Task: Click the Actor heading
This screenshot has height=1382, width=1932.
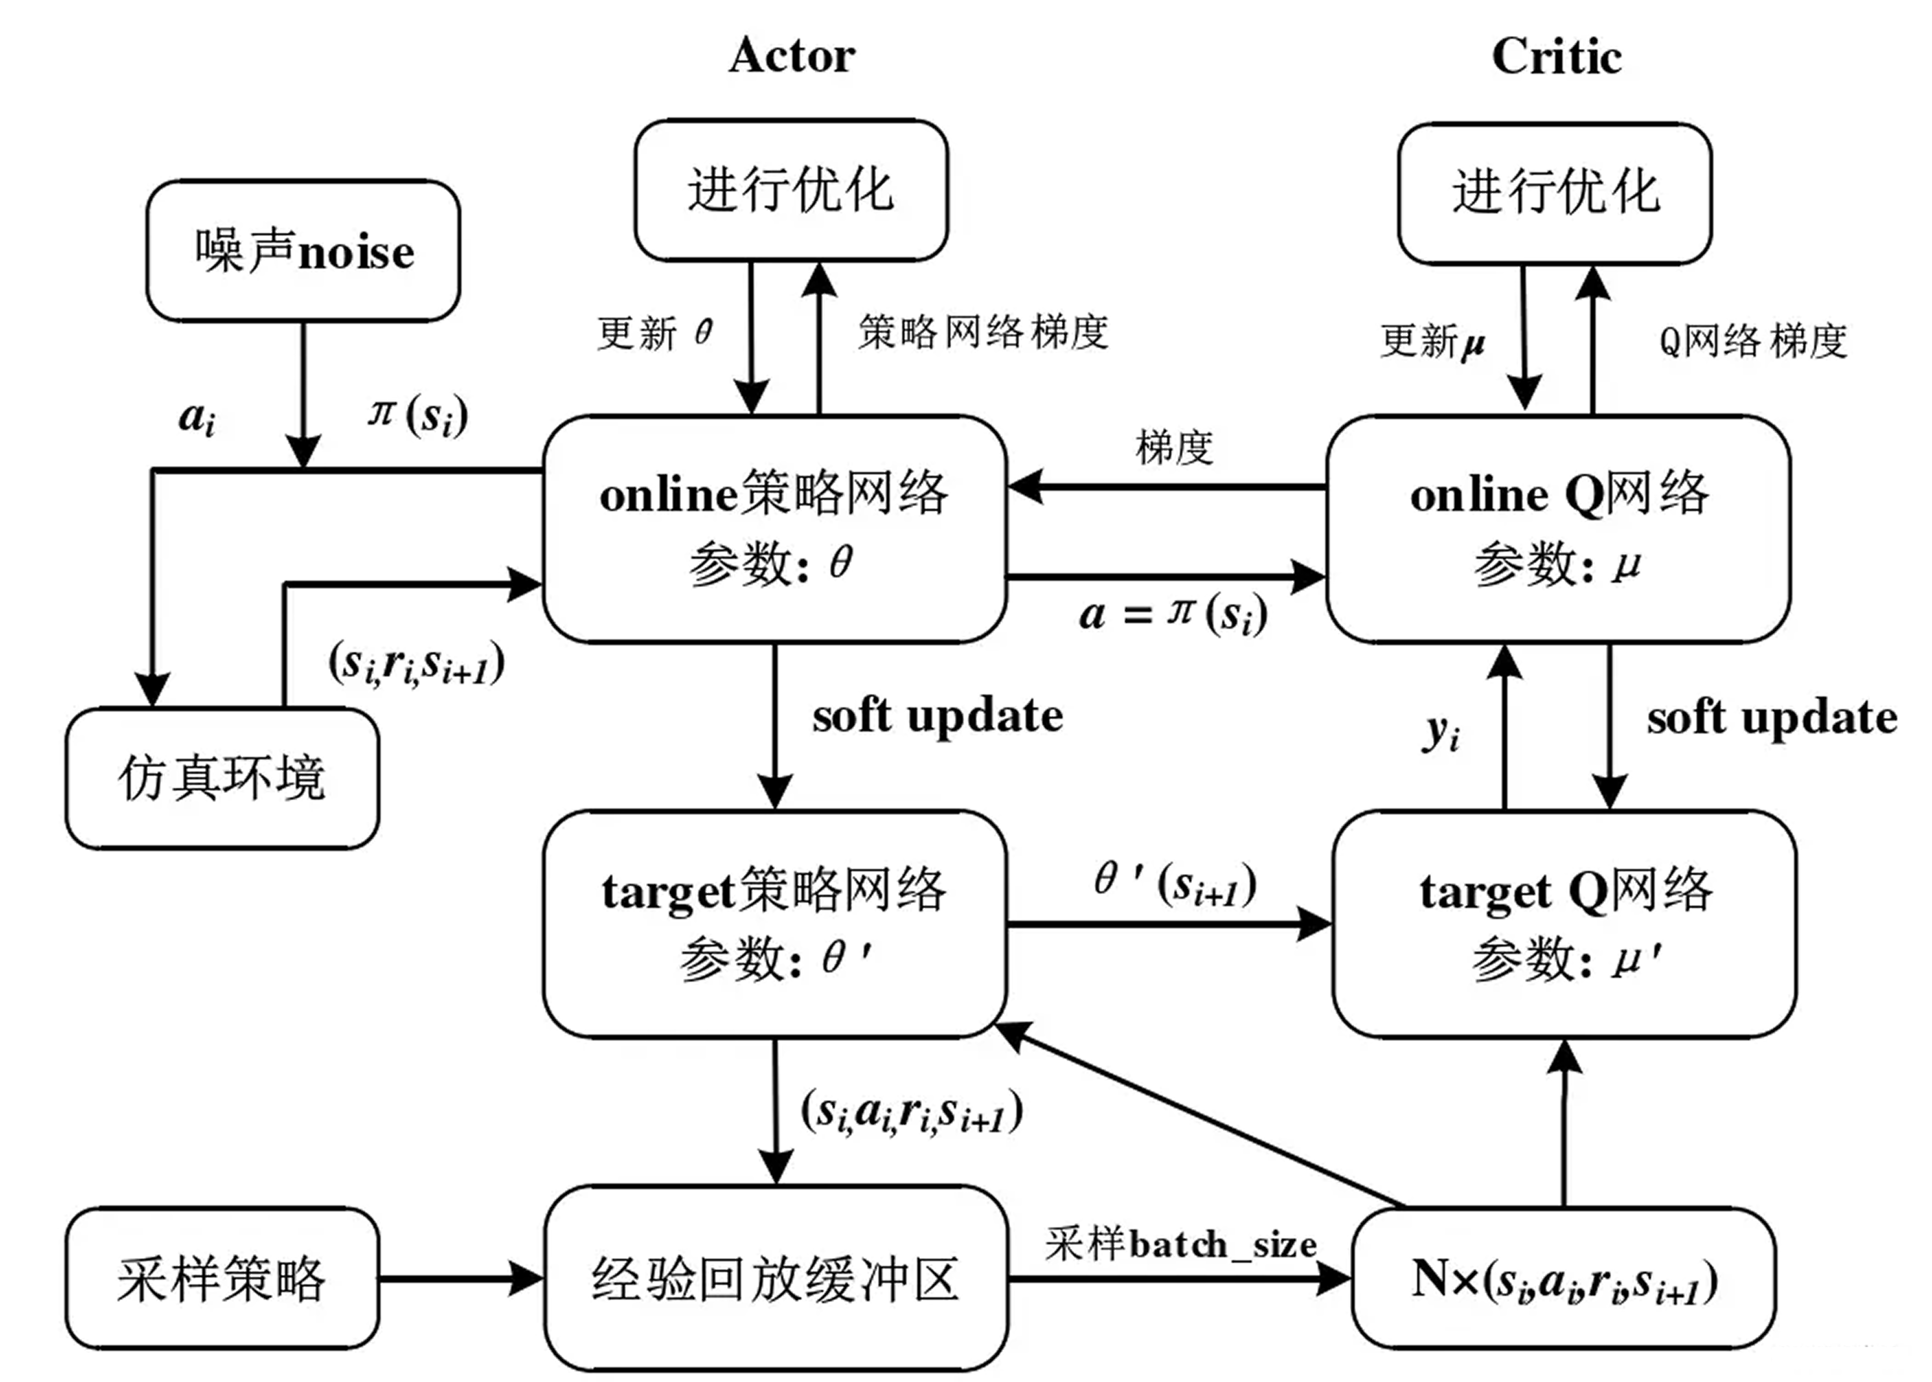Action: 791,56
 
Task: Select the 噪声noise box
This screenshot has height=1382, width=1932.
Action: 304,251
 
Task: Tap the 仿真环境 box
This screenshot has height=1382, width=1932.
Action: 222,778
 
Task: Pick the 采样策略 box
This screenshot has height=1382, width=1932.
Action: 222,1278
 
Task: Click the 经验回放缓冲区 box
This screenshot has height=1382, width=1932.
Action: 775,1278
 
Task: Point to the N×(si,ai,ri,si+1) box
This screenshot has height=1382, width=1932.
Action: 1563,1278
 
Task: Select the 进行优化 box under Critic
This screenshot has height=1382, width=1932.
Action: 1555,193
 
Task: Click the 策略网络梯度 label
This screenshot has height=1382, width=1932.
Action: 983,332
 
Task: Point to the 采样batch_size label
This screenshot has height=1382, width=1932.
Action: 1181,1244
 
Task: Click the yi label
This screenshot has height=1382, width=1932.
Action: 1441,732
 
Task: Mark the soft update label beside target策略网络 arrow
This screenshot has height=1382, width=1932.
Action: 937,716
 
